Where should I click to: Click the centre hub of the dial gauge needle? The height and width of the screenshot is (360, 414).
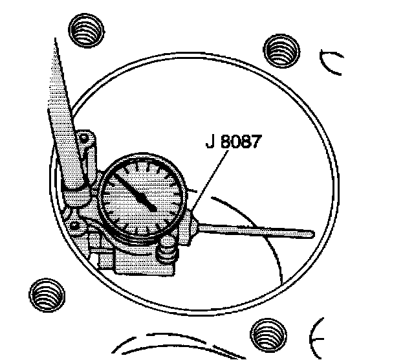pyautogui.click(x=152, y=207)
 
